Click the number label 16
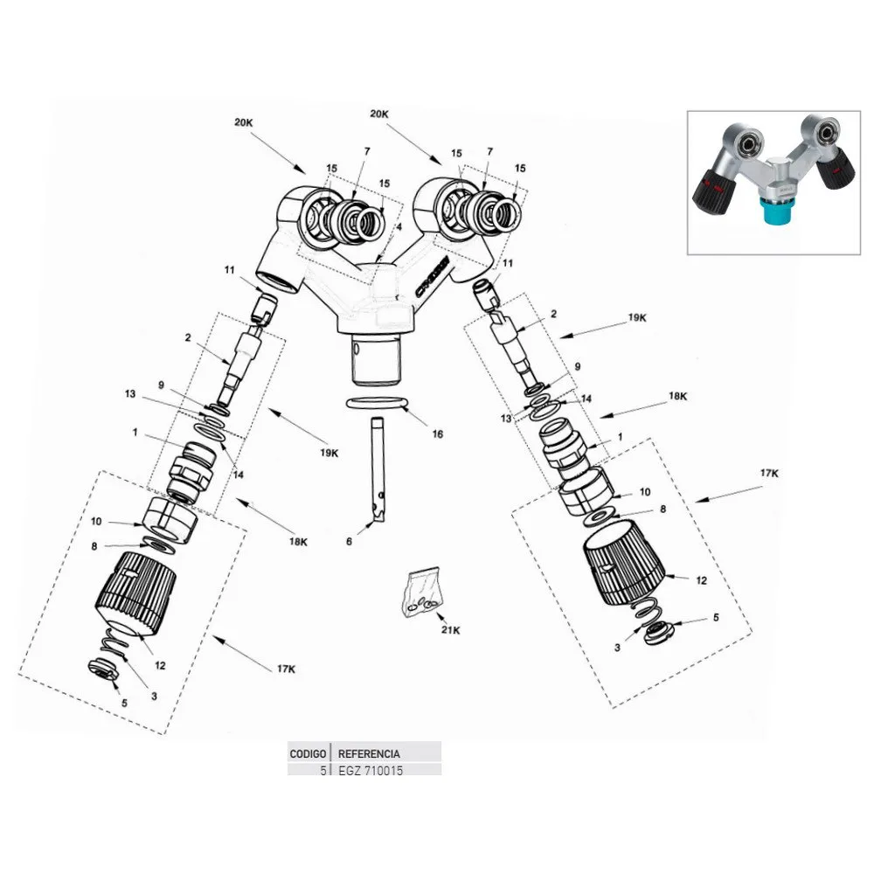click(437, 434)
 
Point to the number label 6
click(349, 543)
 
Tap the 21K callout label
click(451, 630)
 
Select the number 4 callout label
click(399, 227)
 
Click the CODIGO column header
click(308, 753)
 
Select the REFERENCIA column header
click(369, 753)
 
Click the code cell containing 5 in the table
click(323, 769)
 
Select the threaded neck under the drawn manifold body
click(377, 357)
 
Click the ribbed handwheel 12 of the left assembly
click(134, 592)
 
